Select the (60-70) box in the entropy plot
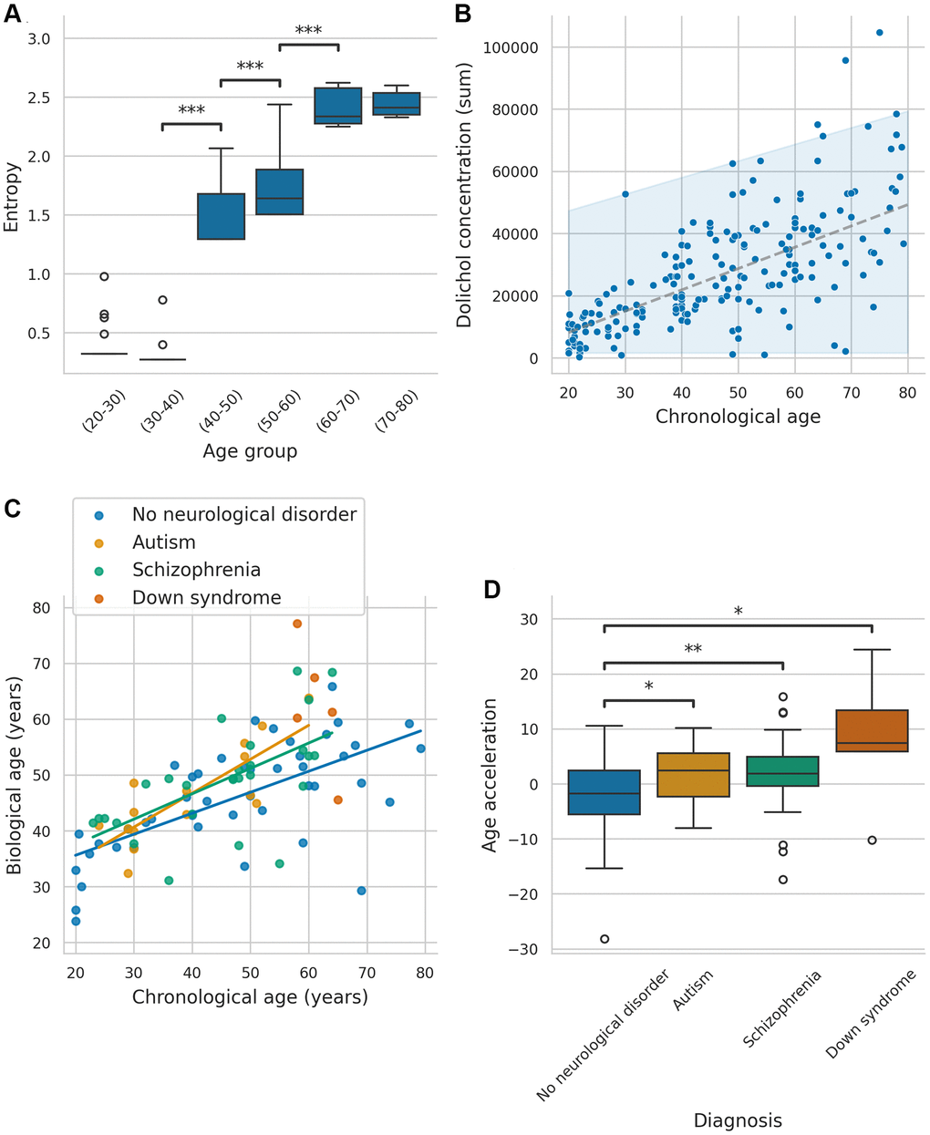coord(337,106)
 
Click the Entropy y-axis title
coord(12,196)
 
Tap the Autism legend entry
coord(163,542)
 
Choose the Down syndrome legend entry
coord(206,598)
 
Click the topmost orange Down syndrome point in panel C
coord(297,624)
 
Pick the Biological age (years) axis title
coord(14,775)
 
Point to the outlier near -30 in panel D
coord(604,939)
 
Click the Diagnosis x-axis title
coord(738,1120)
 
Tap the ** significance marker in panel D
coord(693,649)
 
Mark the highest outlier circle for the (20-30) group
coord(105,276)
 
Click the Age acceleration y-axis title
coord(490,775)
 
